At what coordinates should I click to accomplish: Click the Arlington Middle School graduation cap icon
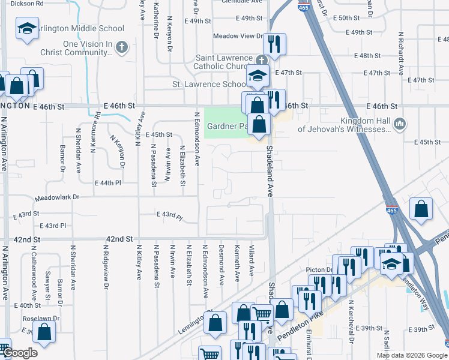point(26,29)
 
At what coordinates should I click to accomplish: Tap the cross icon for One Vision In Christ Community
point(121,47)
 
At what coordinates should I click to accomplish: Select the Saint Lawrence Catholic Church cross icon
point(261,60)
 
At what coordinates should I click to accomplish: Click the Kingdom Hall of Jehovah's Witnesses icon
point(401,125)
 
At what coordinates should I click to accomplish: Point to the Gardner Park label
point(227,127)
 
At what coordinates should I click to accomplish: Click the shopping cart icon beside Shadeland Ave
point(262,313)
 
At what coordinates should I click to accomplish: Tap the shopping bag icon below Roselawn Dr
point(44,330)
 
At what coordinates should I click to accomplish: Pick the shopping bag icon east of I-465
point(422,209)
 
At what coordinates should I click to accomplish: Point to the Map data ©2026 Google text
point(411,355)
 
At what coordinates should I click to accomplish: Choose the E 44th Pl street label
point(107,182)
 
